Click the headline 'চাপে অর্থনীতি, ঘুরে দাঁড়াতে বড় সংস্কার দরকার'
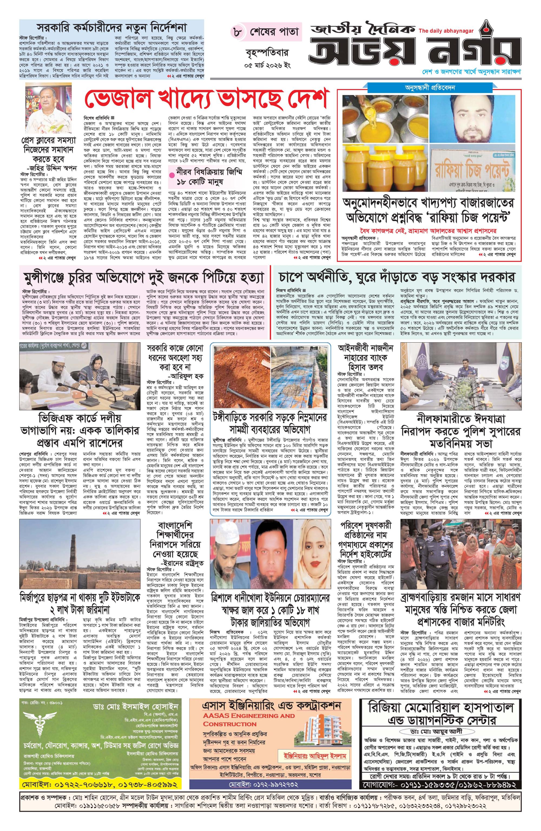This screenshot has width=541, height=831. click(397, 278)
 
